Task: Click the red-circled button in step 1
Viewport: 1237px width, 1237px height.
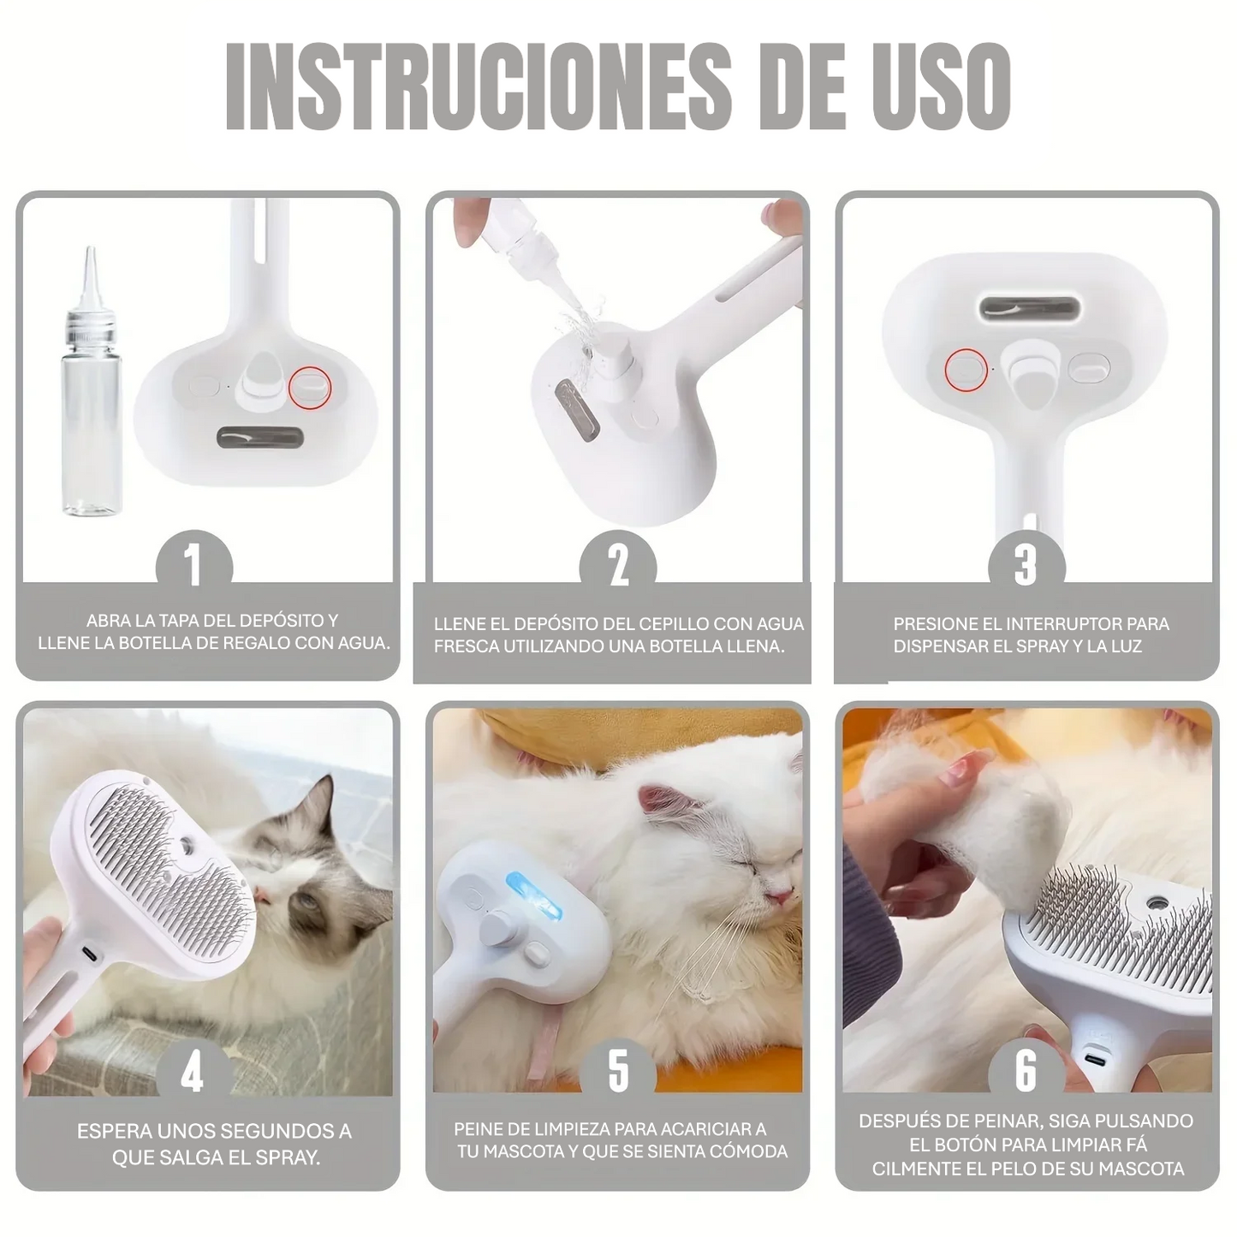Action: [309, 388]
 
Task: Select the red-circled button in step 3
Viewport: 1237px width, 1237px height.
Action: [966, 369]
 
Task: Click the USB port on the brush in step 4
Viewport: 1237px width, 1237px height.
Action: [88, 953]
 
